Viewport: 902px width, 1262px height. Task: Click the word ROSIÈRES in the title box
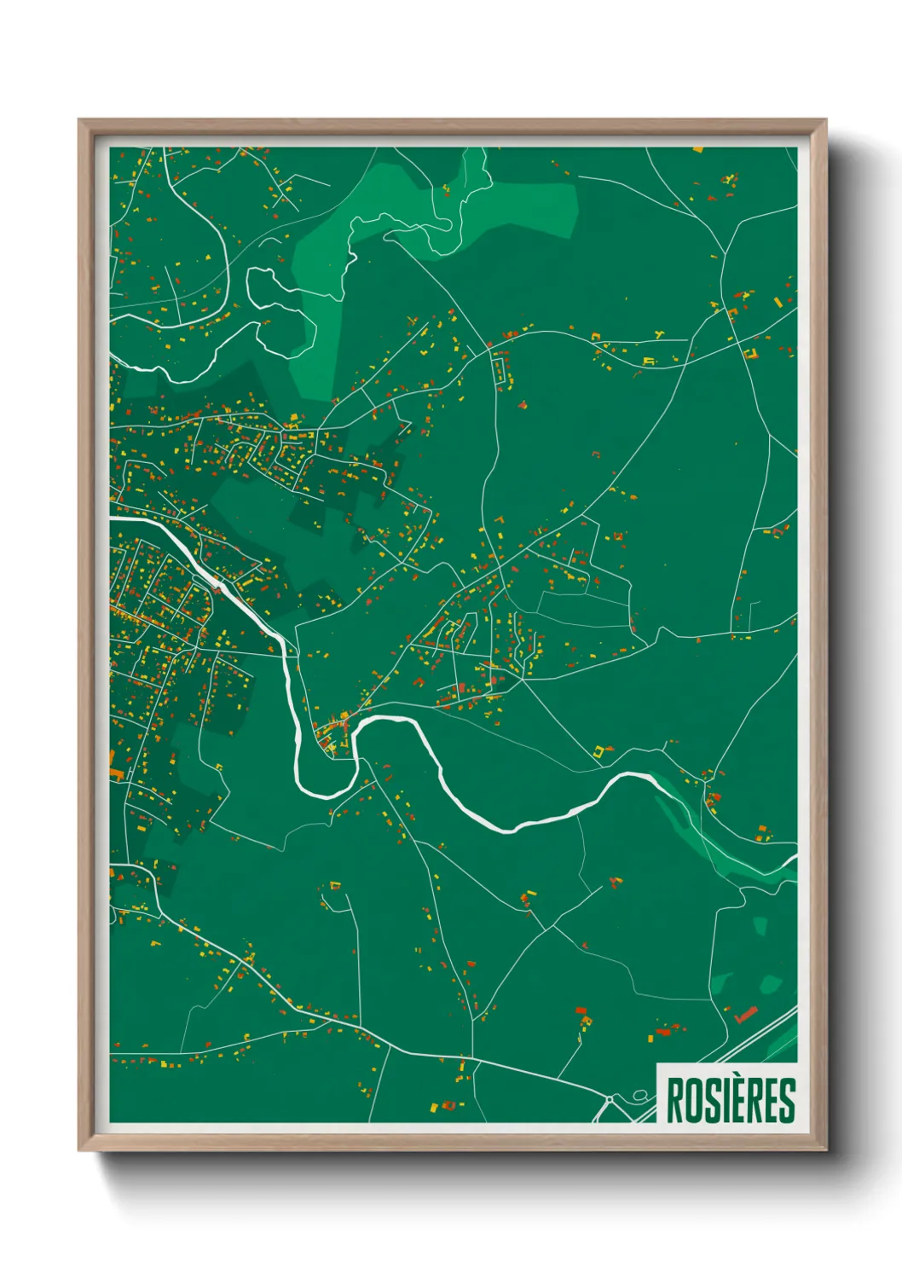[x=730, y=1101]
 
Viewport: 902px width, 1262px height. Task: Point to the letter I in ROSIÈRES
[x=719, y=1102]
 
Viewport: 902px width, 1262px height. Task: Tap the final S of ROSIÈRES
[x=787, y=1102]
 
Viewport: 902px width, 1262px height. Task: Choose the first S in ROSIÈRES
[x=706, y=1102]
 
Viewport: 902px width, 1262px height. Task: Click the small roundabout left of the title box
[x=610, y=1102]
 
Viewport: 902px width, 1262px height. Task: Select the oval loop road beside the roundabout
[x=640, y=1095]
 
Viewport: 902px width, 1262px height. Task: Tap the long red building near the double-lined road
[x=746, y=1014]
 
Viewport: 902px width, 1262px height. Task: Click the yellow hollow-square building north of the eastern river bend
[x=603, y=750]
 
